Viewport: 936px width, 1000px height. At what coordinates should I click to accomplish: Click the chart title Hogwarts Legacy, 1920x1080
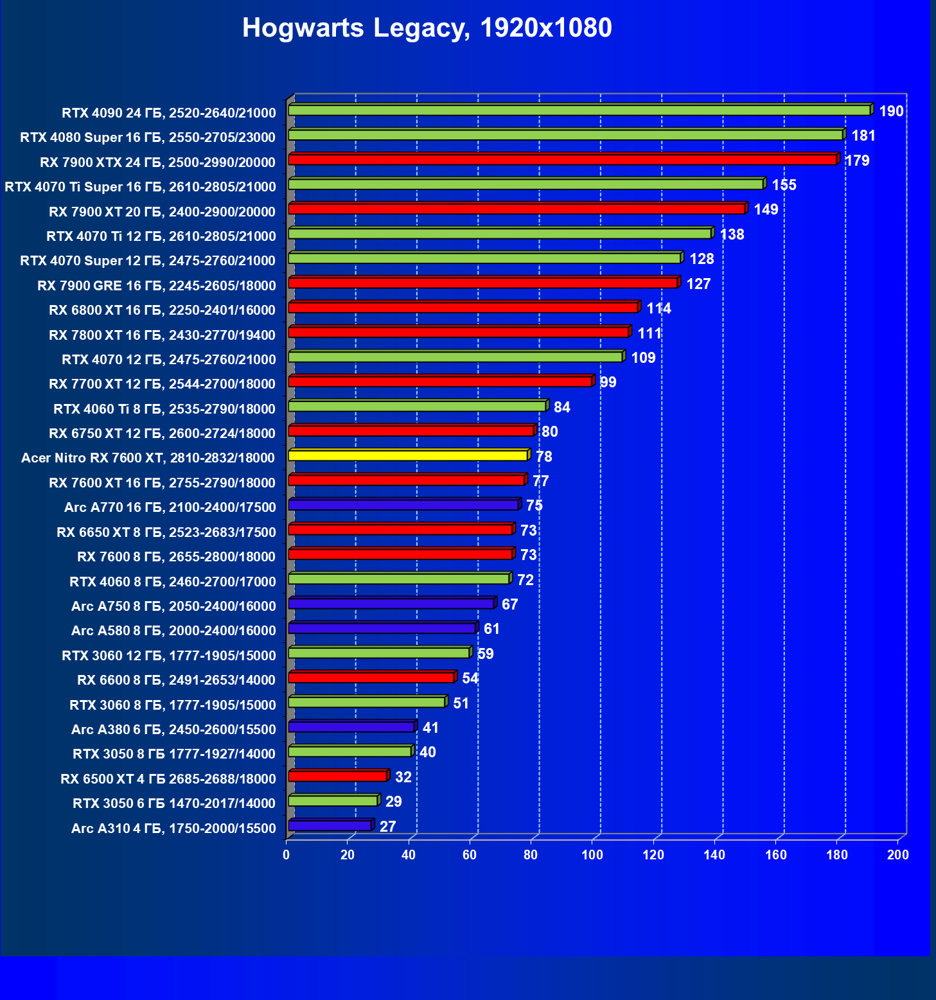[427, 28]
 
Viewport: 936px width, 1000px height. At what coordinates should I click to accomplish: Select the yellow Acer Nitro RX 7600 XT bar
[408, 455]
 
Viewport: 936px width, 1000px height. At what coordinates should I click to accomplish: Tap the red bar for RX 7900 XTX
[562, 159]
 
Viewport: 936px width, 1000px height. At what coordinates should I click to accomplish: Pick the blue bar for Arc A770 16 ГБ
[403, 505]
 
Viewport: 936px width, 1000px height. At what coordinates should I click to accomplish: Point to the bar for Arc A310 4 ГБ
[330, 825]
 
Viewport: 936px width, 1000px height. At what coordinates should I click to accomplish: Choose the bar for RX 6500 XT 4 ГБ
[337, 776]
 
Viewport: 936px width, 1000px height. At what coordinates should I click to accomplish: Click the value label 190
[891, 111]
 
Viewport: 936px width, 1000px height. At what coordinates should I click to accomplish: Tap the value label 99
[608, 382]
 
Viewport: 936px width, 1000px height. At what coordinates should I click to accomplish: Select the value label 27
[387, 826]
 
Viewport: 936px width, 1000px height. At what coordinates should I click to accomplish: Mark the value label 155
[784, 185]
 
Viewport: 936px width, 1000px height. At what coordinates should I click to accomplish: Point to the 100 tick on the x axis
[592, 855]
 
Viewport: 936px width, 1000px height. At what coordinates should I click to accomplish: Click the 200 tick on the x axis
[898, 855]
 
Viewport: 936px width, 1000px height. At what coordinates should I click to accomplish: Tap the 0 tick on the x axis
[287, 855]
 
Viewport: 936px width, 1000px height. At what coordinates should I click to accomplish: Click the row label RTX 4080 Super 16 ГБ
[148, 137]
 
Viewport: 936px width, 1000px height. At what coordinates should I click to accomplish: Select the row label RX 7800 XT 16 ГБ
[162, 335]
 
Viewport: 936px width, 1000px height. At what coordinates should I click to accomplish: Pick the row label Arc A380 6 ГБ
[173, 729]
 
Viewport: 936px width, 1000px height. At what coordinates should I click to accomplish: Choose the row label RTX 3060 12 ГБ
[168, 655]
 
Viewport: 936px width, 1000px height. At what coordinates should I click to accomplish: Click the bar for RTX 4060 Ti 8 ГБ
[417, 406]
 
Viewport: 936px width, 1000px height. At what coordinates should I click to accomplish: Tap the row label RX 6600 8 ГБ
[176, 680]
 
